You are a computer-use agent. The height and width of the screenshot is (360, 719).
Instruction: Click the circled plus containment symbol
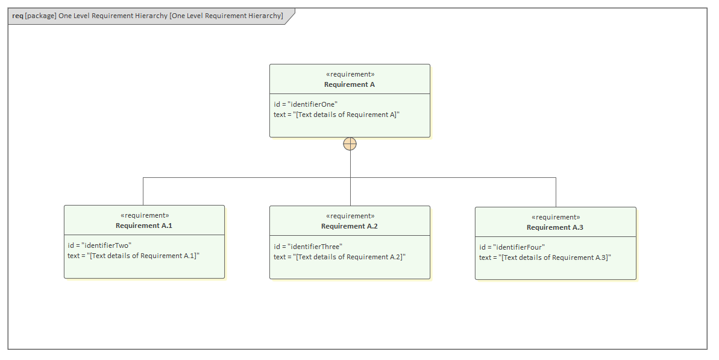tap(350, 144)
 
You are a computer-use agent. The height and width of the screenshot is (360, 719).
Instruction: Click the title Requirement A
tap(350, 84)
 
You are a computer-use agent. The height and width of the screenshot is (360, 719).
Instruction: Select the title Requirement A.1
tap(144, 226)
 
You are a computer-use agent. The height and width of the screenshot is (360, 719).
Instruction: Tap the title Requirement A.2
tap(350, 226)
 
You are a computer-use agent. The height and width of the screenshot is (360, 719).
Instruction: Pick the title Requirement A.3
tap(555, 227)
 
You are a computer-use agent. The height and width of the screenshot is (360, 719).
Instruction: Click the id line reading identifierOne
tap(306, 104)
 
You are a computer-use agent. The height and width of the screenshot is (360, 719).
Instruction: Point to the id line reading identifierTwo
tap(99, 245)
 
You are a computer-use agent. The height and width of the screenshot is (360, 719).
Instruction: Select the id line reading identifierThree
tap(307, 247)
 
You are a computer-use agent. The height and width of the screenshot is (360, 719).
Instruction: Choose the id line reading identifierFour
tap(512, 247)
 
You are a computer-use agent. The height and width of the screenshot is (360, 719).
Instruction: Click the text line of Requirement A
tap(336, 115)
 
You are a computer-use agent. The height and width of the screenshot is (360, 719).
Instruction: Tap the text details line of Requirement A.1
tap(133, 256)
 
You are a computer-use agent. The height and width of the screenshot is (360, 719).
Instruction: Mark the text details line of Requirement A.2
tap(339, 257)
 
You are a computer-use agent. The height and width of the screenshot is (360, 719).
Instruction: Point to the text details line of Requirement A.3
tap(545, 257)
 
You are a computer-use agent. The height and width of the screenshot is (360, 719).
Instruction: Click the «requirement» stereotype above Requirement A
tap(350, 74)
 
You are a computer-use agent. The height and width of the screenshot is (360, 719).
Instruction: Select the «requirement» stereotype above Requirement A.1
tap(144, 215)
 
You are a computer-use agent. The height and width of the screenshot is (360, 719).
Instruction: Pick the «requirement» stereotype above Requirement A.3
tap(555, 217)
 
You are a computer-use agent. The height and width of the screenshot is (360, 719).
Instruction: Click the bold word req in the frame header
tap(17, 16)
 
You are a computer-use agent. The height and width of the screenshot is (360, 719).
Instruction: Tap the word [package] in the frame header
tap(40, 16)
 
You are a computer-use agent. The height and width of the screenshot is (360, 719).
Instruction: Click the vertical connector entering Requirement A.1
tap(143, 191)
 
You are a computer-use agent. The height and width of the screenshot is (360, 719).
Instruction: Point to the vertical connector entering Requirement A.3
tap(556, 192)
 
